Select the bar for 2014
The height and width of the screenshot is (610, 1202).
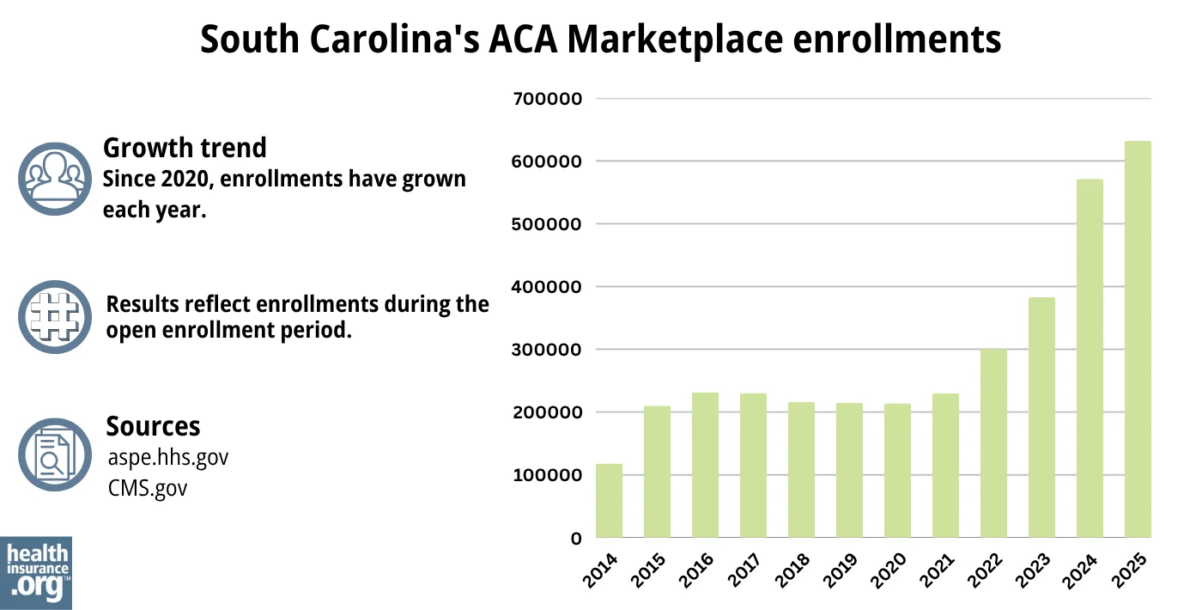[609, 501]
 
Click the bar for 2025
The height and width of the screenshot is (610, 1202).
[1138, 339]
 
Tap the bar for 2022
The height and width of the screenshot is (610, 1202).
[993, 443]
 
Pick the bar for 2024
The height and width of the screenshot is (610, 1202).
[1090, 358]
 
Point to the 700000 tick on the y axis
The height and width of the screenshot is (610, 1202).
[547, 99]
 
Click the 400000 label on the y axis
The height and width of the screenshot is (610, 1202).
[547, 287]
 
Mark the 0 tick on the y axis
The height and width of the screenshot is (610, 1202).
[576, 539]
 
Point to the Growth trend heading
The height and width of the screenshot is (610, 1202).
[185, 148]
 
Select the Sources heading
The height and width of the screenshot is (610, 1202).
[153, 426]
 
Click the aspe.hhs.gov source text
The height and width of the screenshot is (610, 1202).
[167, 457]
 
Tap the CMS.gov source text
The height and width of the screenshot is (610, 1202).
[147, 488]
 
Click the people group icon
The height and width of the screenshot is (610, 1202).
[54, 178]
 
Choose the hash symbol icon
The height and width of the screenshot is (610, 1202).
[54, 316]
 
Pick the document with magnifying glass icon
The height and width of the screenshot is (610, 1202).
[54, 454]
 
